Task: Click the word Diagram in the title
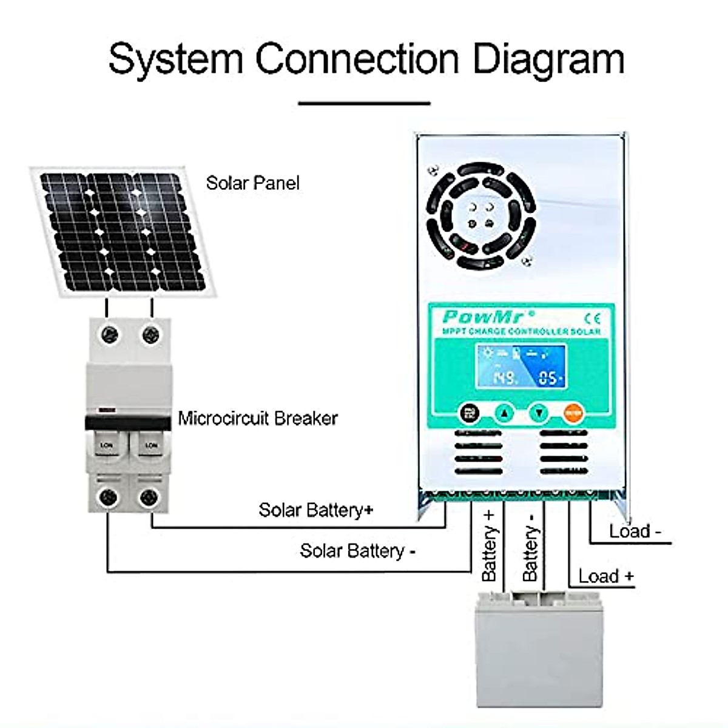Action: tap(548, 59)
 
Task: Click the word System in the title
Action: tap(175, 59)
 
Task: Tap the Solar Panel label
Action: tap(252, 183)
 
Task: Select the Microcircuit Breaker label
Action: tap(257, 418)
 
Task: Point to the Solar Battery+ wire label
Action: tap(315, 510)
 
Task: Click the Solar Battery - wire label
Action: tap(357, 551)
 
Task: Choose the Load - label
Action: tap(635, 531)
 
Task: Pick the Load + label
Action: tap(605, 576)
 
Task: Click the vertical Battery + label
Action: tap(489, 545)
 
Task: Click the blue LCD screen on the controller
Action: tap(521, 367)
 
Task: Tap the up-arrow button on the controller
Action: tap(504, 414)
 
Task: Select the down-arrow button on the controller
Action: tap(538, 414)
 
